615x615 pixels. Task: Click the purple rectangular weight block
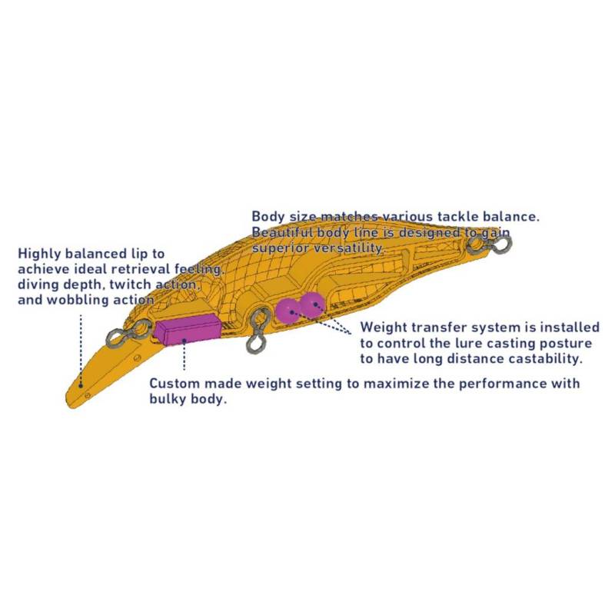pyautogui.click(x=188, y=330)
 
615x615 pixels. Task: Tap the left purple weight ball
pyautogui.click(x=288, y=311)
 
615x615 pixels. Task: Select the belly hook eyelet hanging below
pyautogui.click(x=258, y=331)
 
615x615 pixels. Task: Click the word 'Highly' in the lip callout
pyautogui.click(x=39, y=254)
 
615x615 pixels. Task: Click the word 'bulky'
pyautogui.click(x=168, y=399)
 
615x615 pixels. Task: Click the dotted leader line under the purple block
pyautogui.click(x=184, y=355)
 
